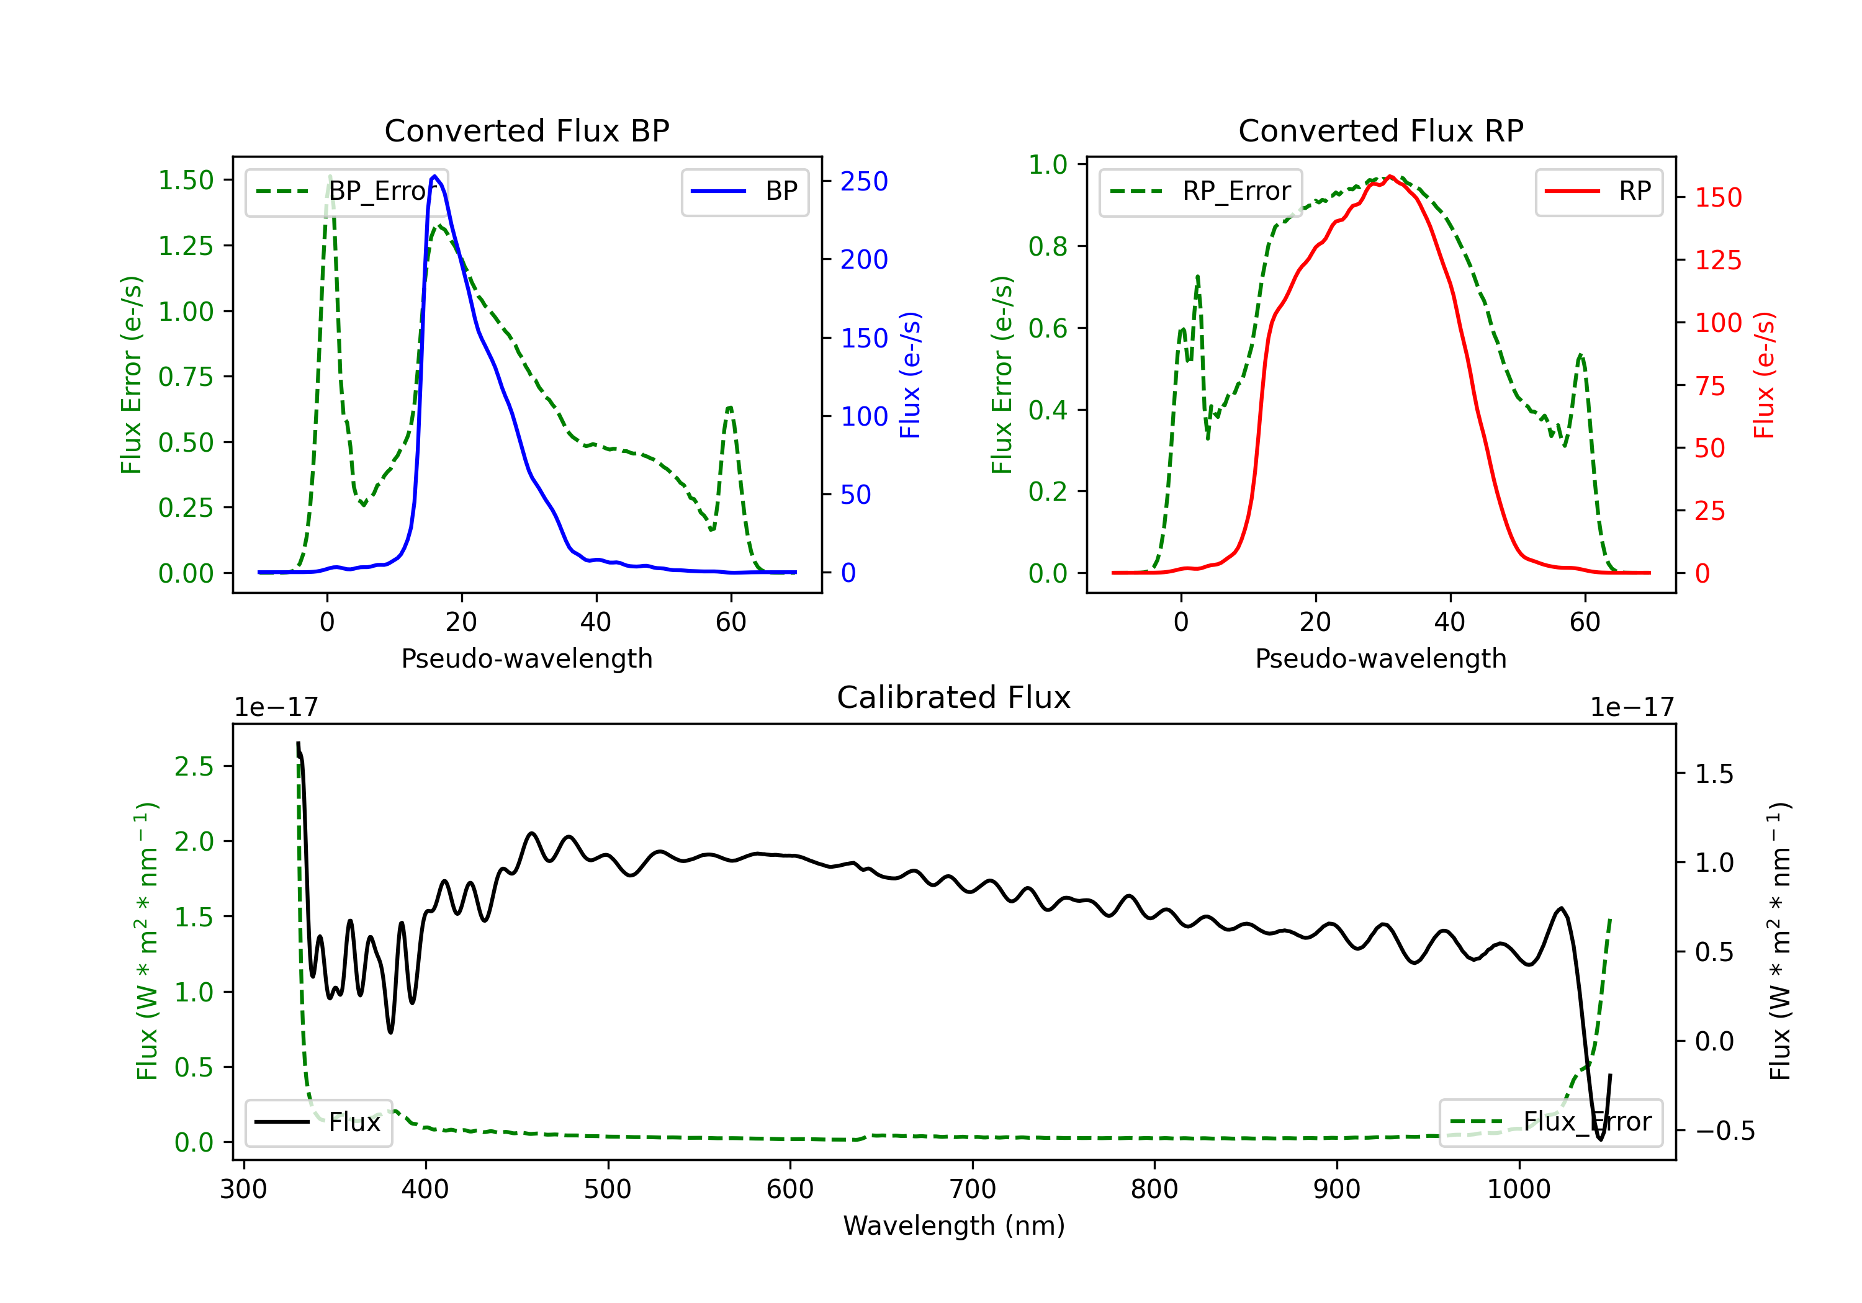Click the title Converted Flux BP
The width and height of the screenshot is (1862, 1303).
526,130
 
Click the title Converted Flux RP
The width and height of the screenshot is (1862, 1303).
1380,130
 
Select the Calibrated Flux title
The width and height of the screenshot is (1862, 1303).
954,697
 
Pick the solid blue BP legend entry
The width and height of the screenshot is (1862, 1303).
744,191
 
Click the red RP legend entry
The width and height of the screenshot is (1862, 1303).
1598,191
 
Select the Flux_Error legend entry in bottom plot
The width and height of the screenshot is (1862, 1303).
1550,1122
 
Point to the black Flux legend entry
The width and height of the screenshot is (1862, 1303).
318,1122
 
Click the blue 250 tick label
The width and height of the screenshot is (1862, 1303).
864,182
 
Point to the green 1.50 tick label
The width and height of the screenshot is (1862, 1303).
186,180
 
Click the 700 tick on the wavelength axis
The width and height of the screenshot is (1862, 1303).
973,1189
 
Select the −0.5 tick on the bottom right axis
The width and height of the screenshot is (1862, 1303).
1725,1131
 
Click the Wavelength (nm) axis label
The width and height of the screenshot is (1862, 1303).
954,1226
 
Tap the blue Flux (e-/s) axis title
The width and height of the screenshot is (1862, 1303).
910,375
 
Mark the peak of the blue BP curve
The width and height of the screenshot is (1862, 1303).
434,176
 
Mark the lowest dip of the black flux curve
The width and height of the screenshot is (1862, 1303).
1600,1139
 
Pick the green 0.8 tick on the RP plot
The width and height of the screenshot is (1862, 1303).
1048,246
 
